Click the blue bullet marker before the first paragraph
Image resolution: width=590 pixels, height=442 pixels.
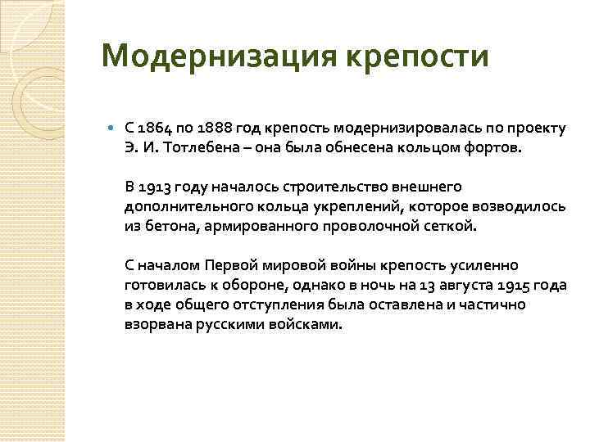[x=111, y=129]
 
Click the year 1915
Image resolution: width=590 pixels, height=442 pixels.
[x=511, y=285]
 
